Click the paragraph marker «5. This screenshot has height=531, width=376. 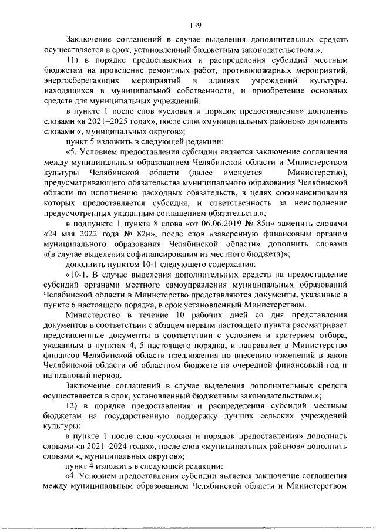[x=70, y=151]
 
